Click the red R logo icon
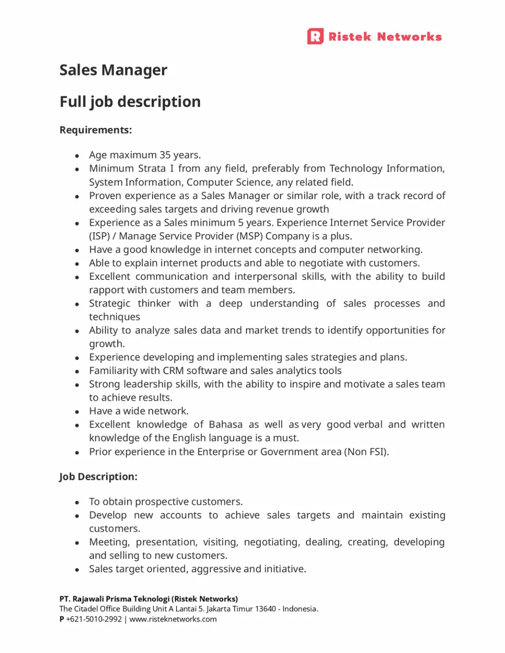tap(315, 36)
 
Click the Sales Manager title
tap(113, 70)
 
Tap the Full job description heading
tap(130, 101)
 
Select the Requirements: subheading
tap(95, 130)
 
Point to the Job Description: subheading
tap(98, 477)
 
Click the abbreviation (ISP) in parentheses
tap(99, 236)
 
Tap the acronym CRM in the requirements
tap(173, 370)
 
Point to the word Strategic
tap(109, 303)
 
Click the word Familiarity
tap(114, 370)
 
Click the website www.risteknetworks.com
tap(173, 619)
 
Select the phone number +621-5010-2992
tap(94, 619)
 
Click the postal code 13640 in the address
tap(265, 609)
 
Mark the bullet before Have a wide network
tap(77, 412)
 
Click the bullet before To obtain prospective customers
tap(77, 502)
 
